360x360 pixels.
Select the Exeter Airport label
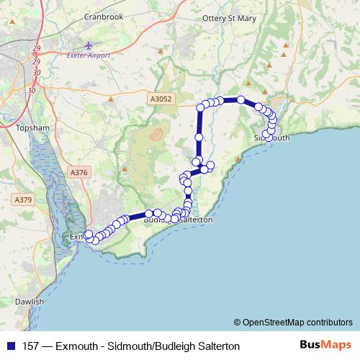coord(84,55)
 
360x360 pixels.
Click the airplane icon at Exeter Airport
coord(89,45)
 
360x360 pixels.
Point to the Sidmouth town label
coord(272,137)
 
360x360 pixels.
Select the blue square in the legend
coord(10,346)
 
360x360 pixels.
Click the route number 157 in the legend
coord(32,346)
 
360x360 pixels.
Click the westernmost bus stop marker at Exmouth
coord(89,234)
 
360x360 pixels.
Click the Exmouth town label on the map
coord(77,236)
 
